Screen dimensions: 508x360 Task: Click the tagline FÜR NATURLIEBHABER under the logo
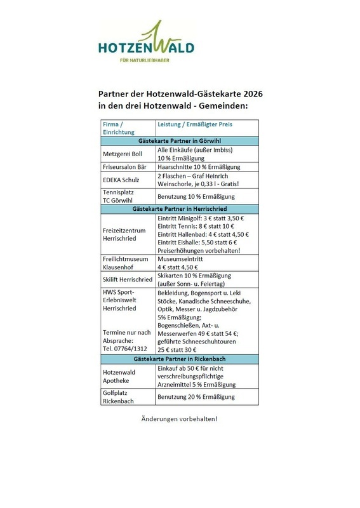coord(146,60)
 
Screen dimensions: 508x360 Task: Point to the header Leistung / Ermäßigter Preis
coord(194,124)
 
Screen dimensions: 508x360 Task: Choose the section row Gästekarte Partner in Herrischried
coord(180,208)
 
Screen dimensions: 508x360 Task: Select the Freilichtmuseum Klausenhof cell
coord(123,263)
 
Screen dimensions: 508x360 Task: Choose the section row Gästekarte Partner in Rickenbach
coord(180,359)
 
